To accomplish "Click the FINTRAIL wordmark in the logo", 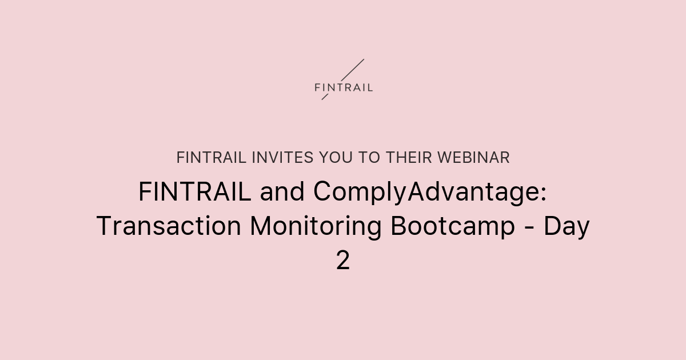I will pos(344,87).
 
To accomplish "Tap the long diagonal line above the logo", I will pos(352,69).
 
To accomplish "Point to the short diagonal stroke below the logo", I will pos(325,97).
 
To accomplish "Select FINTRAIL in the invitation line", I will pos(212,158).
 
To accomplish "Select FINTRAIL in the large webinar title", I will pos(194,193).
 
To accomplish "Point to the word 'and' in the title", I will pos(283,193).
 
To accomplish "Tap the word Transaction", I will pos(169,227).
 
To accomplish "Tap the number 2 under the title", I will pos(343,261).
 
